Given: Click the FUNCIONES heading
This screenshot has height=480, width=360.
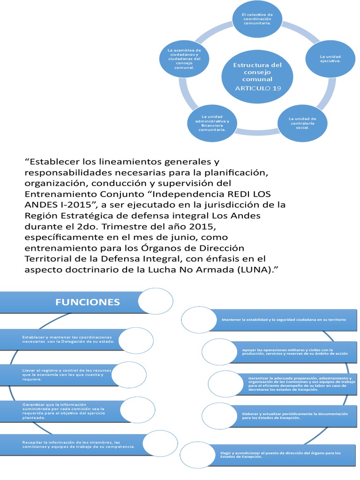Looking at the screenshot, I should point(88,301).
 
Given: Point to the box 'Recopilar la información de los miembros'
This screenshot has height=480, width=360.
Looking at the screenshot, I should point(75,444).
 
